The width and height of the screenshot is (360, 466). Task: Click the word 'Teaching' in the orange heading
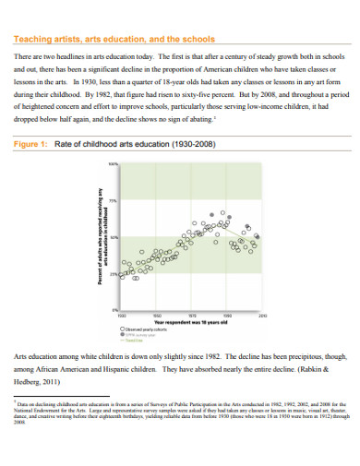tap(30, 40)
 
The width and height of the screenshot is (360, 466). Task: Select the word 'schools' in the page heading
tap(198, 40)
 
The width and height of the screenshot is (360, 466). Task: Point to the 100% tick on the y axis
tap(114, 164)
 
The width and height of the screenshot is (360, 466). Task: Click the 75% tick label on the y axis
tap(114, 200)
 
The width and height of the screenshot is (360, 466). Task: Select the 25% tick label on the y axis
tap(114, 273)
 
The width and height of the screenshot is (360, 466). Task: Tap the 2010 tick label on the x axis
tap(263, 316)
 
